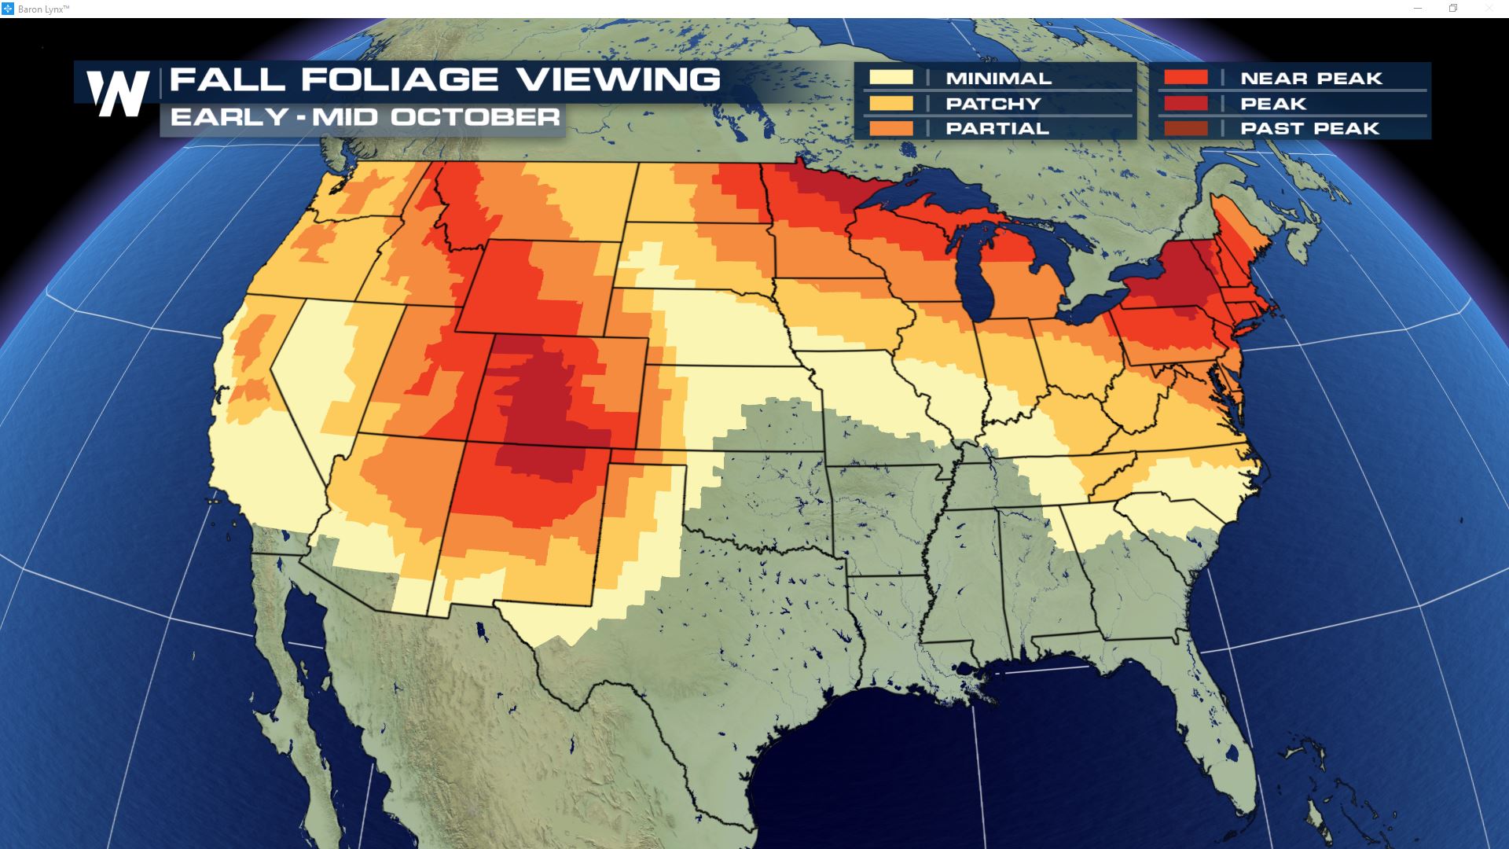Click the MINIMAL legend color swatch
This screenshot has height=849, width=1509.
pos(891,78)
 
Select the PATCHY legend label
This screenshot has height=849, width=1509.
pos(993,104)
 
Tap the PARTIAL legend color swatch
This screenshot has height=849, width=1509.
pos(891,128)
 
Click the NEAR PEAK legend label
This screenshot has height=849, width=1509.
pos(1311,79)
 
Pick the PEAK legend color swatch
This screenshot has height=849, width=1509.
pos(1186,104)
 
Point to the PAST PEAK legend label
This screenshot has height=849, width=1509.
pos(1309,128)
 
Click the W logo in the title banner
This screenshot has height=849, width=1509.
pos(118,94)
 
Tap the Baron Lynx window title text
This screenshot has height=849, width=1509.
pos(43,9)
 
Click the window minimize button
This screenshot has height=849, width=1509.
pos(1418,9)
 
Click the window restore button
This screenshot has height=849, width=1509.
pos(1453,9)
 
